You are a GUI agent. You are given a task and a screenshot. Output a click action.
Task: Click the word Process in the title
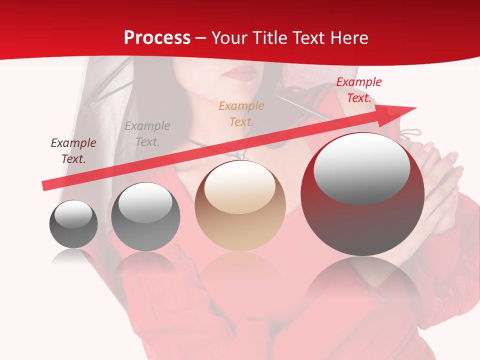click(x=157, y=38)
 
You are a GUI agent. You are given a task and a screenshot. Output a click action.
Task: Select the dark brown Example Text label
click(x=73, y=151)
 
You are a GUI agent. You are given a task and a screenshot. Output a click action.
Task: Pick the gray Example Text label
click(x=147, y=134)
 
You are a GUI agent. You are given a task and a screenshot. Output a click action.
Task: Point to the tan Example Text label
click(x=241, y=113)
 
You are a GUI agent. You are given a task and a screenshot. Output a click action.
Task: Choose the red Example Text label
click(x=358, y=90)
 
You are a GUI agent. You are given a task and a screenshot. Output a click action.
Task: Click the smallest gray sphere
click(x=73, y=224)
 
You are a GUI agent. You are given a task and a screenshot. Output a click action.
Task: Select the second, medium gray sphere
click(x=145, y=216)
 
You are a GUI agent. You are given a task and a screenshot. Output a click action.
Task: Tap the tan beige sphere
click(x=240, y=206)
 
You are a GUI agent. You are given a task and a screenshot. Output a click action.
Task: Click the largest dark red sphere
click(x=362, y=195)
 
